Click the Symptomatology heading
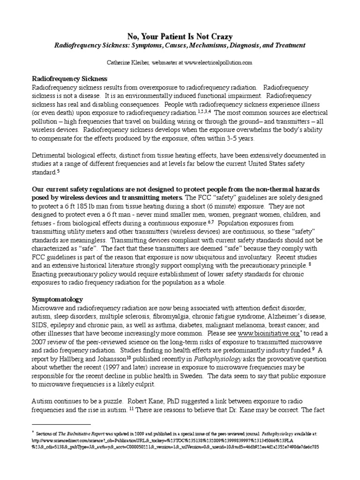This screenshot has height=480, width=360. (57, 299)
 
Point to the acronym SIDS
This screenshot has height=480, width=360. (39, 325)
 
